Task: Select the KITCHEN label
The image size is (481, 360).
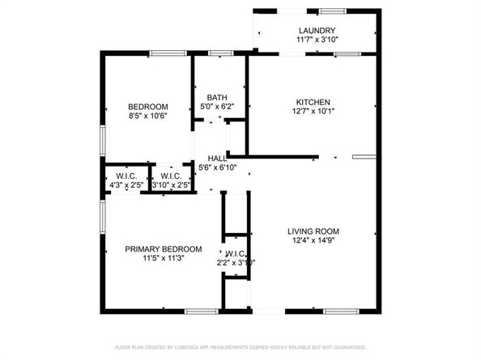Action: click(x=312, y=102)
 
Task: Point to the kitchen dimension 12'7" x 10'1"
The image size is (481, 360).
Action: click(x=312, y=112)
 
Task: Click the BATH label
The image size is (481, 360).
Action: click(x=216, y=97)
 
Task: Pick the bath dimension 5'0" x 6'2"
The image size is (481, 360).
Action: click(x=216, y=107)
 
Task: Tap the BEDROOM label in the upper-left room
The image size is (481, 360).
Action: click(x=148, y=107)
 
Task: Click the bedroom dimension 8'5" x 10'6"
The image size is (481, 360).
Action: click(x=148, y=116)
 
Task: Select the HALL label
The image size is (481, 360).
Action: click(x=217, y=159)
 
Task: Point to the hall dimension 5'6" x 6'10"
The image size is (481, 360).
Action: click(x=217, y=168)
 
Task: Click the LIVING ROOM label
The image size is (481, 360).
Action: click(x=312, y=231)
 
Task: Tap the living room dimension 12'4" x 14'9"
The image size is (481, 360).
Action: click(x=312, y=241)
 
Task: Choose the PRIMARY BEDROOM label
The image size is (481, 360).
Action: click(x=163, y=249)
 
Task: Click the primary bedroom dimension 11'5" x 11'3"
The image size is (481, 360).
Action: click(x=163, y=259)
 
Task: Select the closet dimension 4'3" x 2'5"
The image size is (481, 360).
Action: click(x=126, y=186)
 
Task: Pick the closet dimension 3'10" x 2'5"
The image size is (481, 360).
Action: click(x=171, y=186)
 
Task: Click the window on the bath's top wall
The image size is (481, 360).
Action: click(x=220, y=53)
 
